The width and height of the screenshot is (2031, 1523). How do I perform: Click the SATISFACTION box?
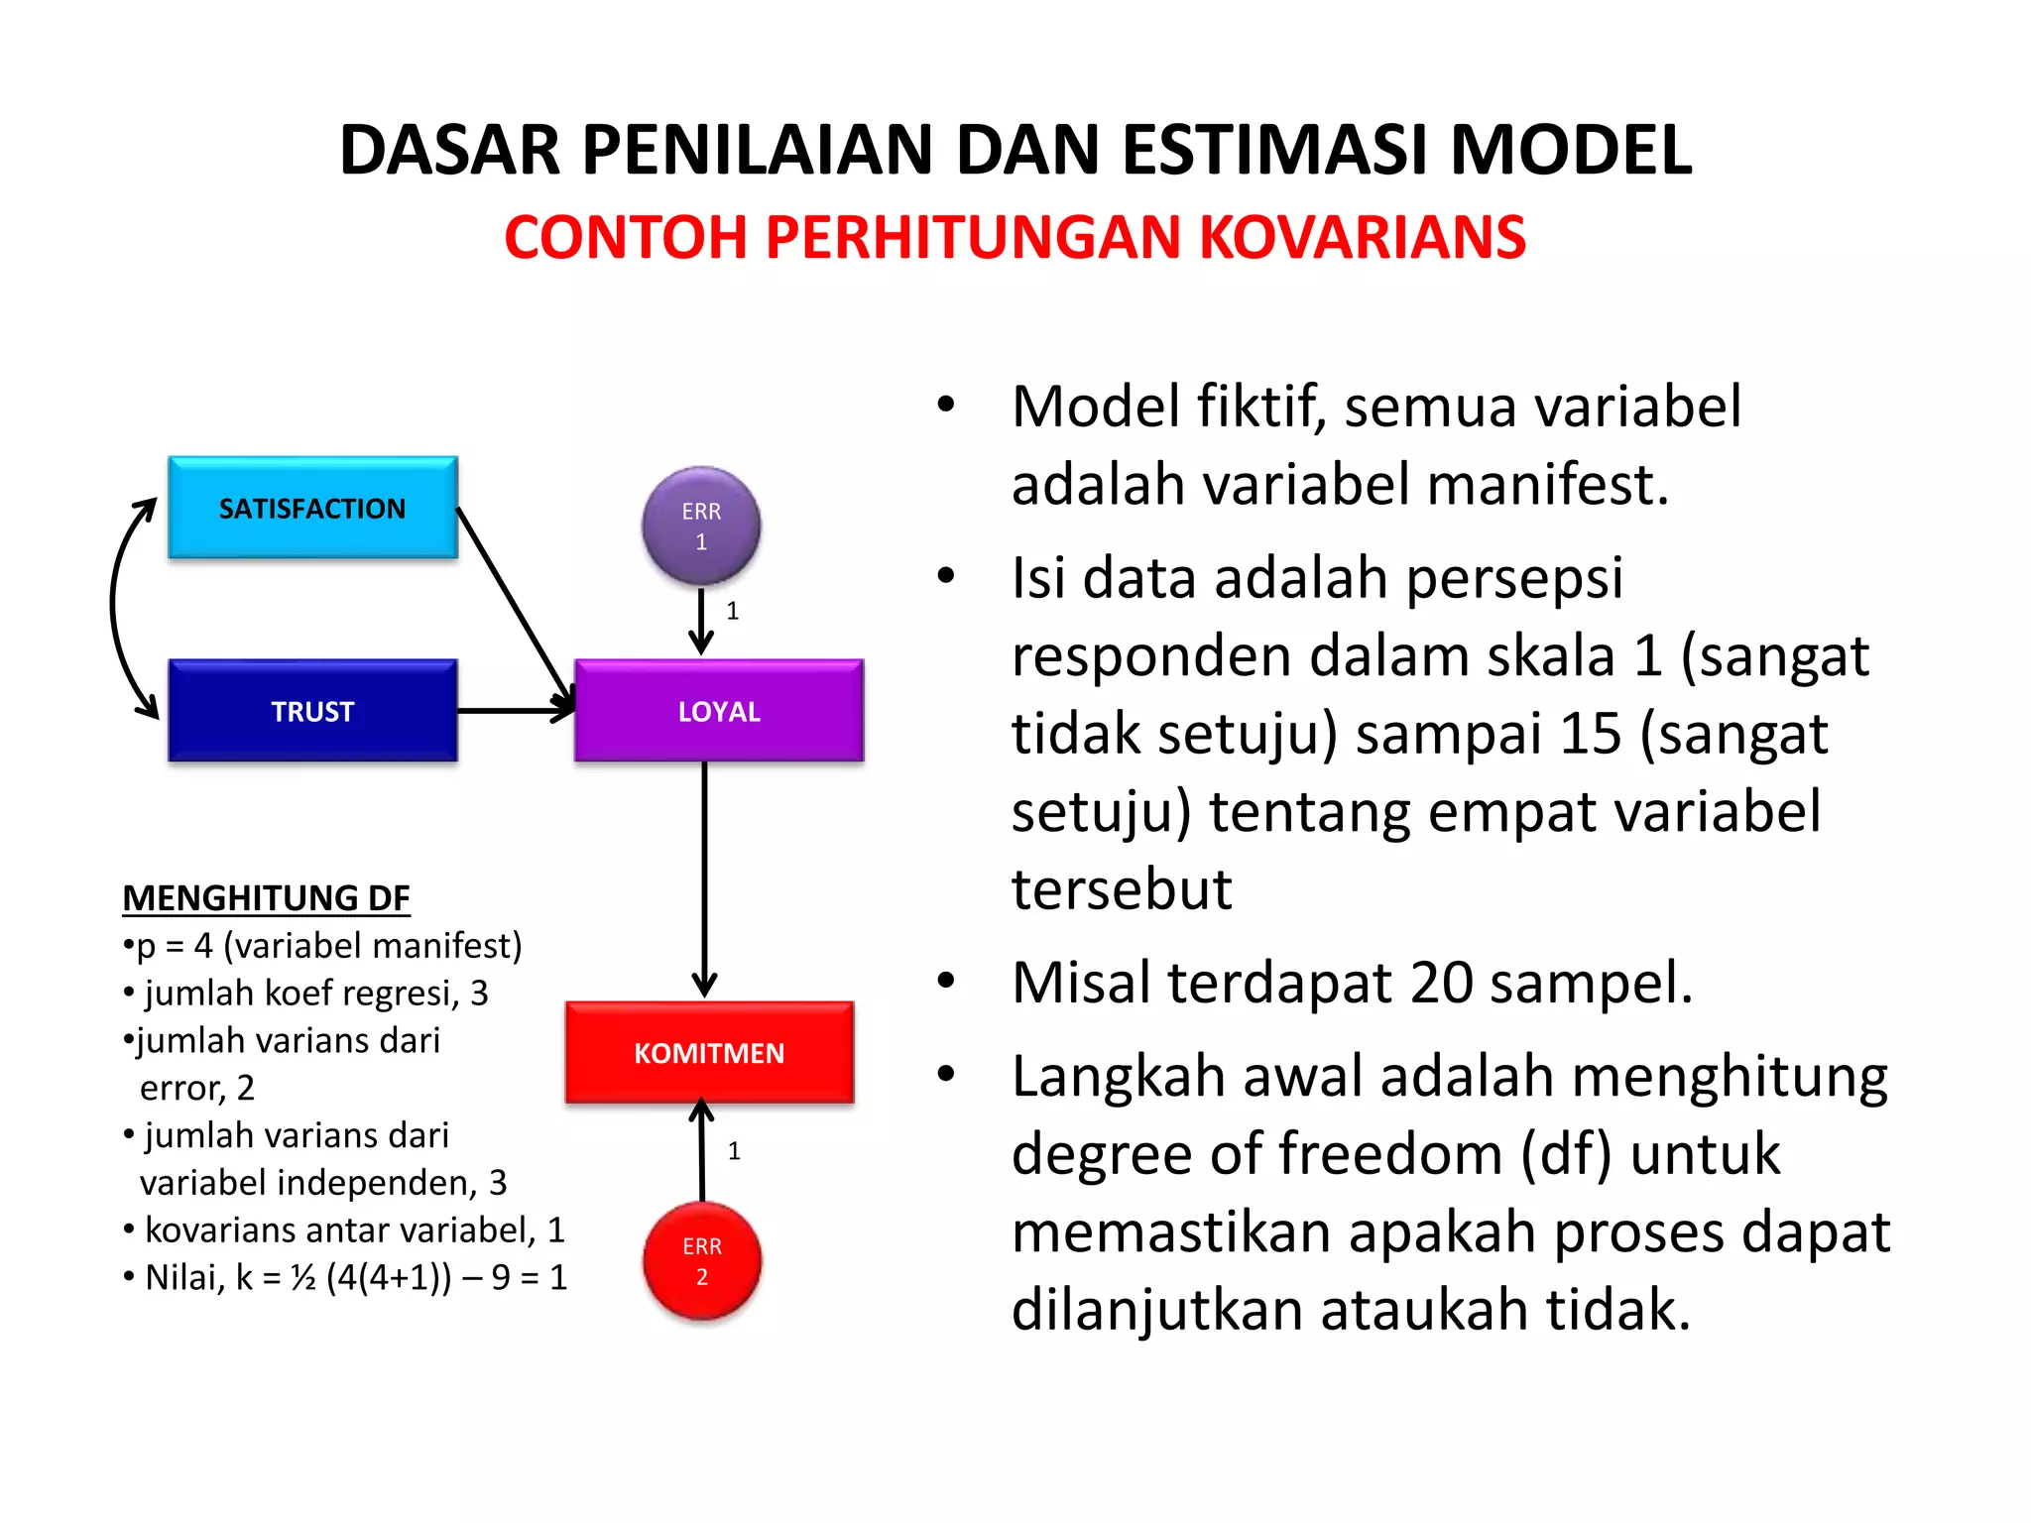point(312,508)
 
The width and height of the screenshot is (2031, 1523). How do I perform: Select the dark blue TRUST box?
point(312,711)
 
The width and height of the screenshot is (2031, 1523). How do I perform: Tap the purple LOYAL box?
point(719,711)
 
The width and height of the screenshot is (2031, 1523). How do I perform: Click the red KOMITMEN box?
point(709,1052)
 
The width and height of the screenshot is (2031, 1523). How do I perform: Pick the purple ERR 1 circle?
point(701,526)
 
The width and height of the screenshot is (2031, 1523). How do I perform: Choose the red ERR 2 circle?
point(702,1260)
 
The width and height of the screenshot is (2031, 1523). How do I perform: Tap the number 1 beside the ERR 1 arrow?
point(732,611)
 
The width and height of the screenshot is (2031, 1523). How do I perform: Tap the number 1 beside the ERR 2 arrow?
point(734,1151)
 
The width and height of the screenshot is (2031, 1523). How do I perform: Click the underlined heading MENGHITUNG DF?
point(266,897)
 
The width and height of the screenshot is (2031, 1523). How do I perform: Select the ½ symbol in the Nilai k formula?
point(303,1278)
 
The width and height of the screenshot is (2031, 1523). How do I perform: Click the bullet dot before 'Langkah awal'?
point(946,1074)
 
